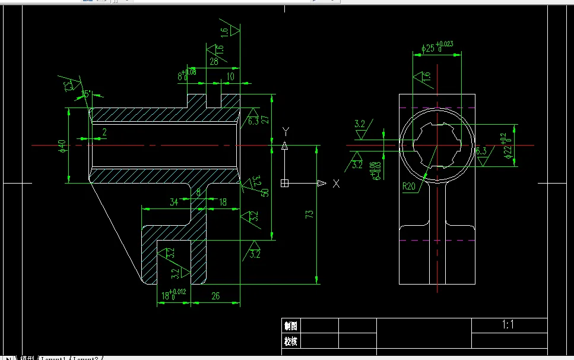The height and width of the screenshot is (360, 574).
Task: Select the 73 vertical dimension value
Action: pos(309,214)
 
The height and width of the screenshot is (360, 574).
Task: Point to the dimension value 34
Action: pos(174,202)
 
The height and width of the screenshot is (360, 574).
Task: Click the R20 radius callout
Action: pos(409,186)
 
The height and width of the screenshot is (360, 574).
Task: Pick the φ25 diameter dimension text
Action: pos(437,47)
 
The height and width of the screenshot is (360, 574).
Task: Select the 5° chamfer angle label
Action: pos(87,94)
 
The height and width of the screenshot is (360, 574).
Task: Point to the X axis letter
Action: pos(337,184)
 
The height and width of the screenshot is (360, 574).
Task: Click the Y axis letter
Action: pos(285,131)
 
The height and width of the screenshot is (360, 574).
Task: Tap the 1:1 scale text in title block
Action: pos(508,325)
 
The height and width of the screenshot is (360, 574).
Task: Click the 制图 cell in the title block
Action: pos(291,326)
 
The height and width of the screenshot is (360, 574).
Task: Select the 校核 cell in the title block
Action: pos(291,341)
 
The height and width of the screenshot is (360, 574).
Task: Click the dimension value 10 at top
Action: pos(230,77)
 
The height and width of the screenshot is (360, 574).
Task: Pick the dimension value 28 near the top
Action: pos(213,61)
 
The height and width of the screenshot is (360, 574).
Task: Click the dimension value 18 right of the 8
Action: pos(223,202)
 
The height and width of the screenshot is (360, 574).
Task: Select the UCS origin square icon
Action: pos(285,184)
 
